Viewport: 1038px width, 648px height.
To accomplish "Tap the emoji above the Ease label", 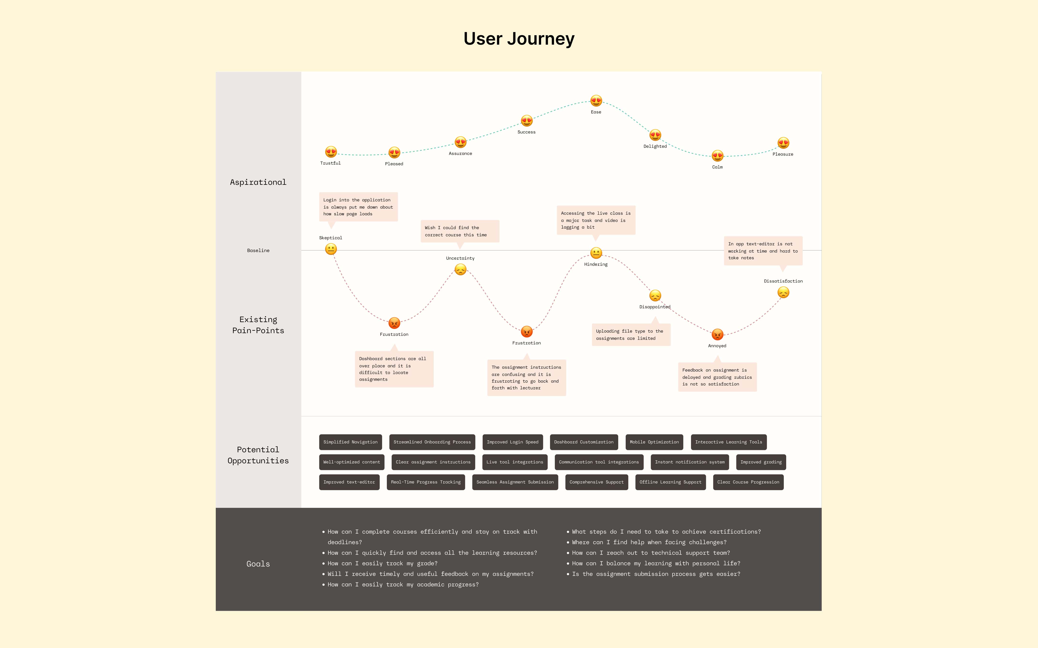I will pos(596,101).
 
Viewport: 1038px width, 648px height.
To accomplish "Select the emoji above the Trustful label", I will pos(331,152).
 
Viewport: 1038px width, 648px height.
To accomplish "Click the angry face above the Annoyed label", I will pos(717,334).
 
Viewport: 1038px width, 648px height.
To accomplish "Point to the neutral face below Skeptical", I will pos(331,249).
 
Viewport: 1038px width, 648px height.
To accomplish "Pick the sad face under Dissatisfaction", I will pos(783,293).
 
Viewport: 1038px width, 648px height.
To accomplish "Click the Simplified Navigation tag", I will pos(350,442).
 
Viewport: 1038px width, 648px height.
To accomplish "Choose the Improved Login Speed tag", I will pos(513,442).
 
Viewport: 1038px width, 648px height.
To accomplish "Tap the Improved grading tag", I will pos(761,462).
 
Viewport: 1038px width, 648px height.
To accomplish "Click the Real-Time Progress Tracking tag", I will pos(426,482).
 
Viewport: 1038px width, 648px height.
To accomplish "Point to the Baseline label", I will pos(258,250).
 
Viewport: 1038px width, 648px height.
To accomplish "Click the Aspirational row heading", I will pos(258,182).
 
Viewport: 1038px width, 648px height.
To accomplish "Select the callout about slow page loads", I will pos(358,207).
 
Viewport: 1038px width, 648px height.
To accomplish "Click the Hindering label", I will pos(596,264).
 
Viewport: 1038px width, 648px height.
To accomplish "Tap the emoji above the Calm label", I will pos(717,156).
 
